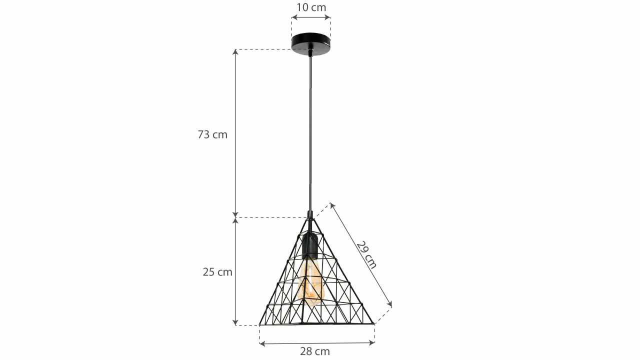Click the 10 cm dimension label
coord(311,7)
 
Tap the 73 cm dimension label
coord(212,134)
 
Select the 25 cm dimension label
coord(217,272)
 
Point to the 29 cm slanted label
coord(366,255)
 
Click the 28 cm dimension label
coord(315,351)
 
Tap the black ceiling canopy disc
coord(311,43)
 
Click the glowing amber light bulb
coord(309,281)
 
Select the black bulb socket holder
coord(309,245)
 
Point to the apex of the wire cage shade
coord(310,218)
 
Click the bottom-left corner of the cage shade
coord(259,325)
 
